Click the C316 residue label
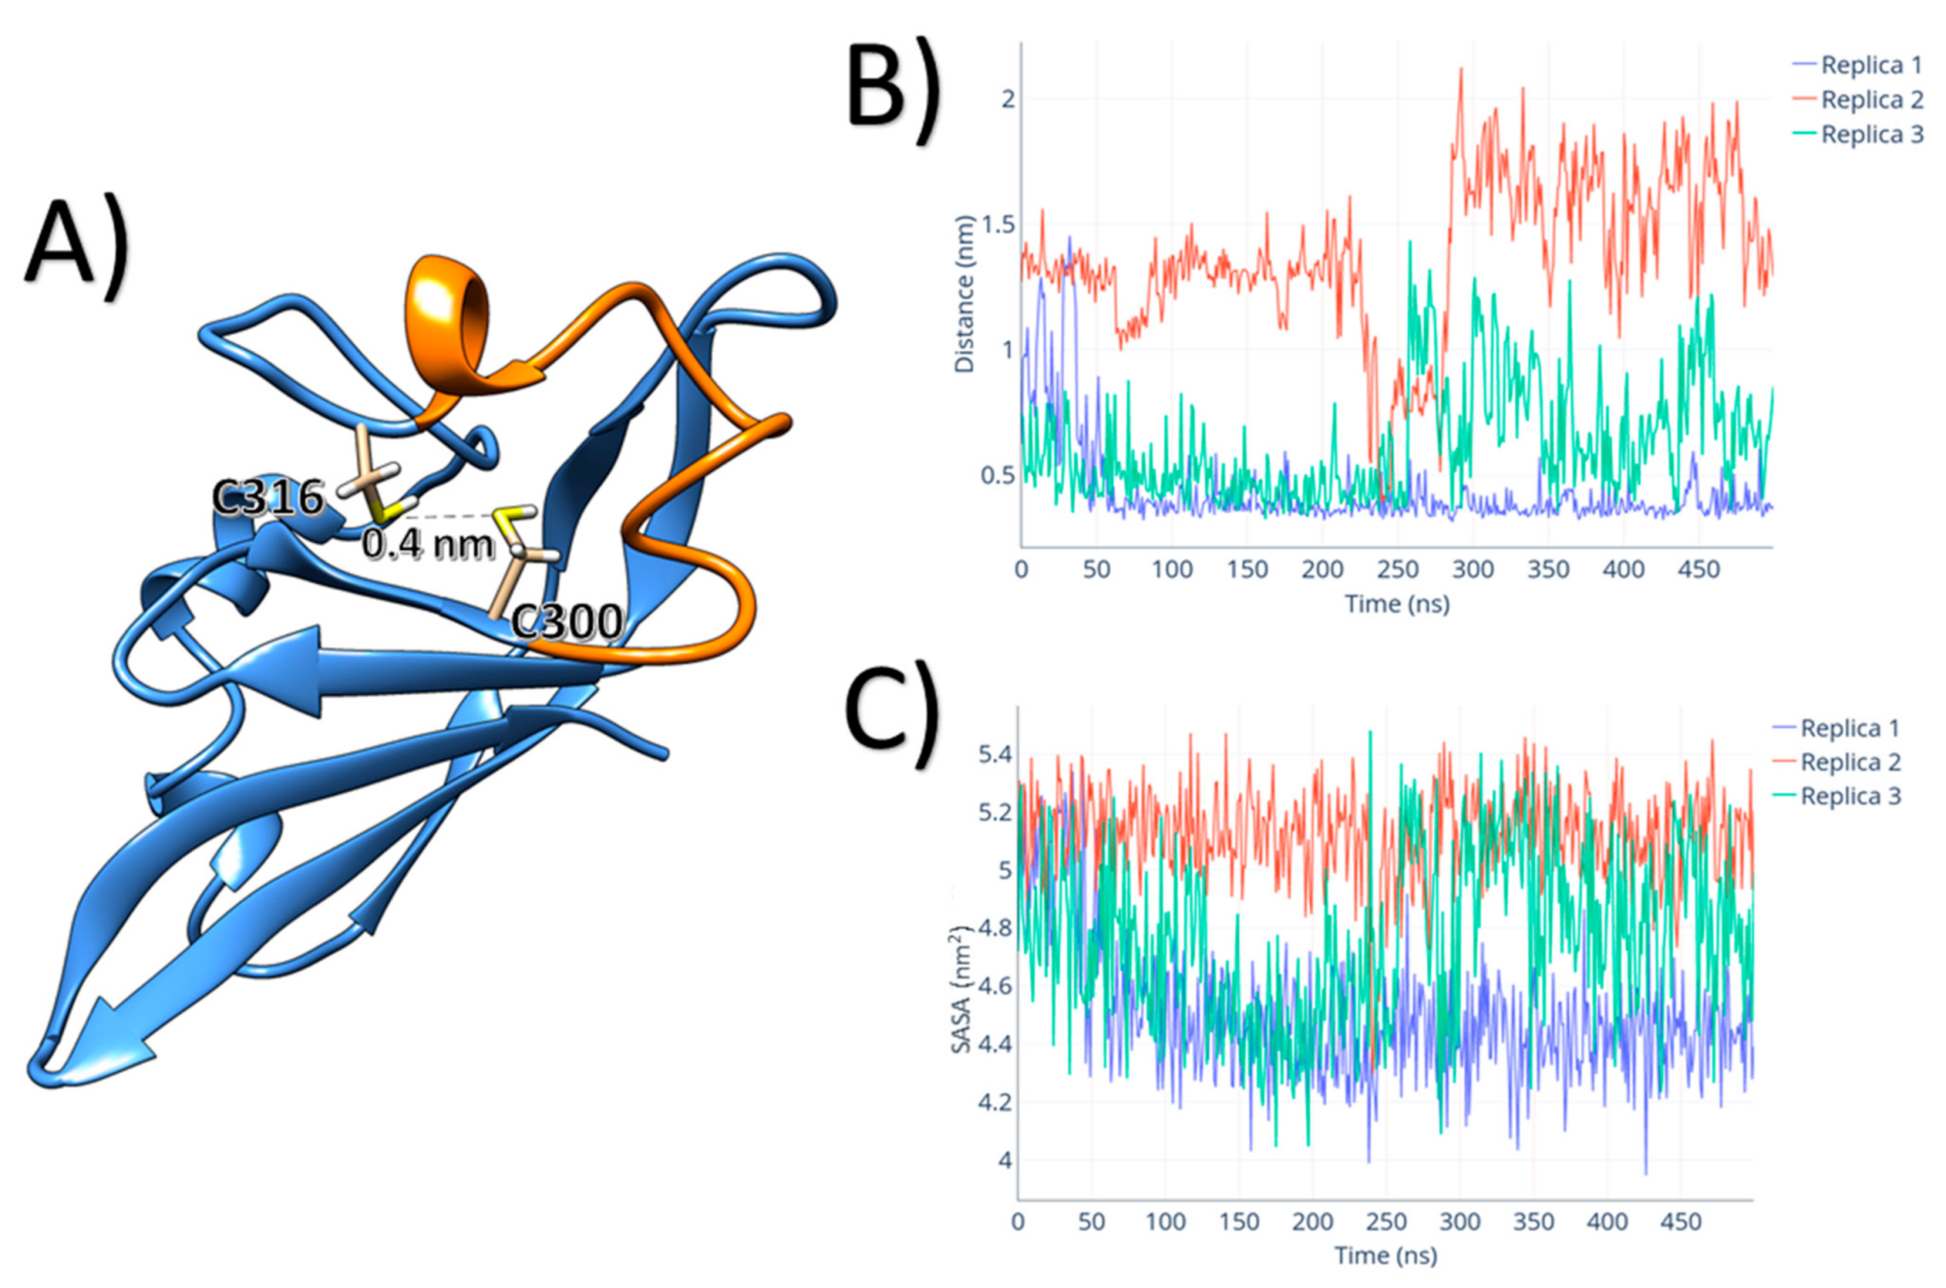coord(268,498)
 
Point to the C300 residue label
coord(567,622)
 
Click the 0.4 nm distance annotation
coord(428,545)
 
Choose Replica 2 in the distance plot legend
coord(1871,99)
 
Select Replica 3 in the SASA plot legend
coord(1850,796)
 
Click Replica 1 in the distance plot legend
coord(1871,65)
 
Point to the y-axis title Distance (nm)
coord(964,294)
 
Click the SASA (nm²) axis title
coord(961,989)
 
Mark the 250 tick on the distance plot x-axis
coord(1397,570)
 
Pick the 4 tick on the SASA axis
coord(1004,1160)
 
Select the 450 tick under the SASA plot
coord(1681,1221)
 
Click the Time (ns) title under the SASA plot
coord(1385,1255)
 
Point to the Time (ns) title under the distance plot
coord(1397,604)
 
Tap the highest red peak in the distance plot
coord(1461,71)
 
